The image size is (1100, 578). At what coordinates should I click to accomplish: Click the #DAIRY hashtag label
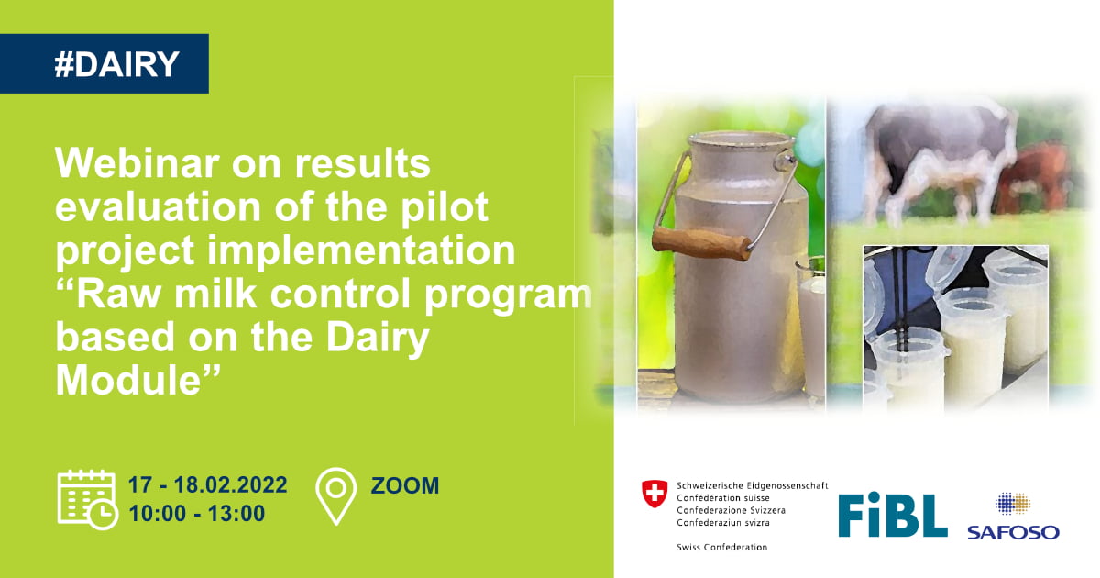[x=117, y=64]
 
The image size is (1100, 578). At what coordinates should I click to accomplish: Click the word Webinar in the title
[x=137, y=162]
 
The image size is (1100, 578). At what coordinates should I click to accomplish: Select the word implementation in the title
[x=360, y=250]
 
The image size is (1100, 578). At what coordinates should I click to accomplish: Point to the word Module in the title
[x=128, y=381]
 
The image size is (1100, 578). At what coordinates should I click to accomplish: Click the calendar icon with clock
[x=87, y=499]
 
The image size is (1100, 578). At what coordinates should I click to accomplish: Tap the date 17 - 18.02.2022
[x=207, y=485]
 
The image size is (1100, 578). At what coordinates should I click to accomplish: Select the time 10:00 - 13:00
[x=196, y=514]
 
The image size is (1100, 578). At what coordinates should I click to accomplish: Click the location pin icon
[x=335, y=496]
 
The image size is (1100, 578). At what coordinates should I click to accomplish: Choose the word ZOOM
[x=404, y=485]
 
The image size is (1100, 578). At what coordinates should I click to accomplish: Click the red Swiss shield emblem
[x=654, y=494]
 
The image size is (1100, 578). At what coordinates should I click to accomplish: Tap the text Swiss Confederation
[x=722, y=547]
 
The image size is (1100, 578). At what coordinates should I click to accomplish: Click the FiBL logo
[x=892, y=515]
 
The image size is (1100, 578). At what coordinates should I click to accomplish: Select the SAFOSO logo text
[x=1013, y=532]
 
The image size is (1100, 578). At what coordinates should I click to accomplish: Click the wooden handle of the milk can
[x=701, y=243]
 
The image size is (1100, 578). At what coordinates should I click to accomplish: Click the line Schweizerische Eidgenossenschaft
[x=753, y=485]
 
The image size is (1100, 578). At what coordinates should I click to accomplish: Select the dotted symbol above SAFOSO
[x=1013, y=504]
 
